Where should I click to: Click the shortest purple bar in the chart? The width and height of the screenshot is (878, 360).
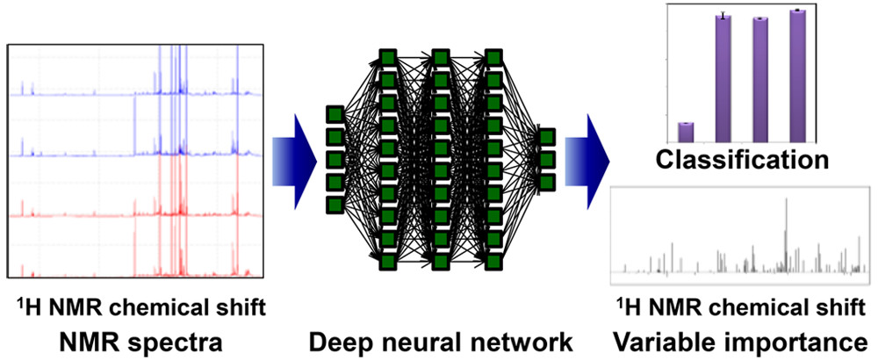coord(687,132)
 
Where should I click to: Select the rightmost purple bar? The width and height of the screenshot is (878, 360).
coord(797,76)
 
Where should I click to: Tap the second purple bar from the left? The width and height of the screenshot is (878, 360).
coord(723,78)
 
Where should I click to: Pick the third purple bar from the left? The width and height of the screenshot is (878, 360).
coord(760,80)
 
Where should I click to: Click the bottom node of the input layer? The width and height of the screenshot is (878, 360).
coord(334,205)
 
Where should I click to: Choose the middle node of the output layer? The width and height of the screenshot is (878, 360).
coord(547,160)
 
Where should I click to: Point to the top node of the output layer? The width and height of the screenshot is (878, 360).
coord(547,137)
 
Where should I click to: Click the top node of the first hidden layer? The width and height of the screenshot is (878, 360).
coord(387,58)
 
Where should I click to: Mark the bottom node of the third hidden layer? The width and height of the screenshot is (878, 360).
coord(494,261)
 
